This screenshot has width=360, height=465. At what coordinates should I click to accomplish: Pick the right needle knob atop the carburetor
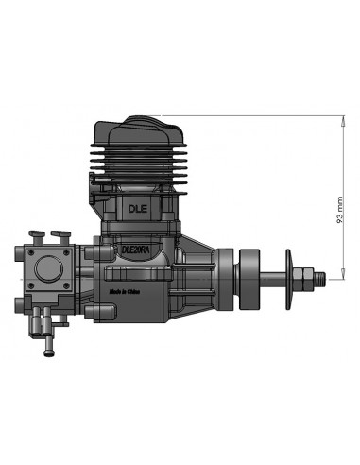pyautogui.click(x=62, y=232)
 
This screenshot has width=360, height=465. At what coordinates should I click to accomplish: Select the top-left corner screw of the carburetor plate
pyautogui.click(x=25, y=251)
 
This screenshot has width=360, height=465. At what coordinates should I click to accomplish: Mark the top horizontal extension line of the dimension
pyautogui.click(x=265, y=113)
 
